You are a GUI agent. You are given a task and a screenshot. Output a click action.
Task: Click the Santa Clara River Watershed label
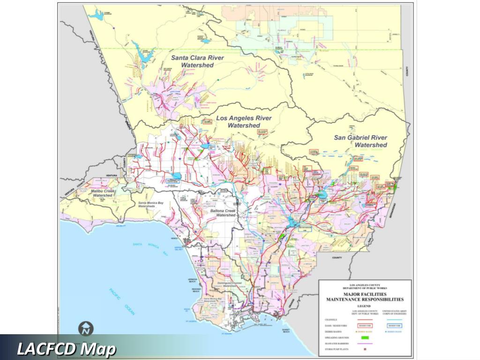197,61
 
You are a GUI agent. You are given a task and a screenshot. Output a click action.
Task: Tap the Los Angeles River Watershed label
244,122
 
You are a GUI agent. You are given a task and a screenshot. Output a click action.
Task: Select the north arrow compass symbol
86,329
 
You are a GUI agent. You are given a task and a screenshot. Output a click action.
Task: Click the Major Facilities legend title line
364,294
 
